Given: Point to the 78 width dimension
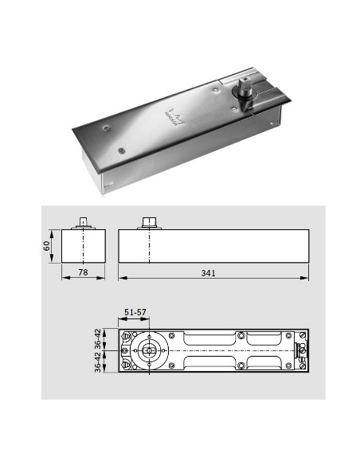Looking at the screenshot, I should pos(84,272).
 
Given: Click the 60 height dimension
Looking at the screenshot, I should pos(49,246).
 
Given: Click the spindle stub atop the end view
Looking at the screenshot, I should pos(84,222).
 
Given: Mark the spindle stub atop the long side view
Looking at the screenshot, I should pos(149,222).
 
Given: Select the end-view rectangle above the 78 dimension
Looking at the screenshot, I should pos(84,246).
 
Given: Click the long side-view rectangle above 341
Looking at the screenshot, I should pos(213,246).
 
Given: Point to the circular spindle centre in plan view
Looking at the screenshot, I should pos(149,350).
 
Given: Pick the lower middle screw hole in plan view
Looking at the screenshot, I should pos(241,365).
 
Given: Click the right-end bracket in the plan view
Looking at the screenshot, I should pos(301,350).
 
